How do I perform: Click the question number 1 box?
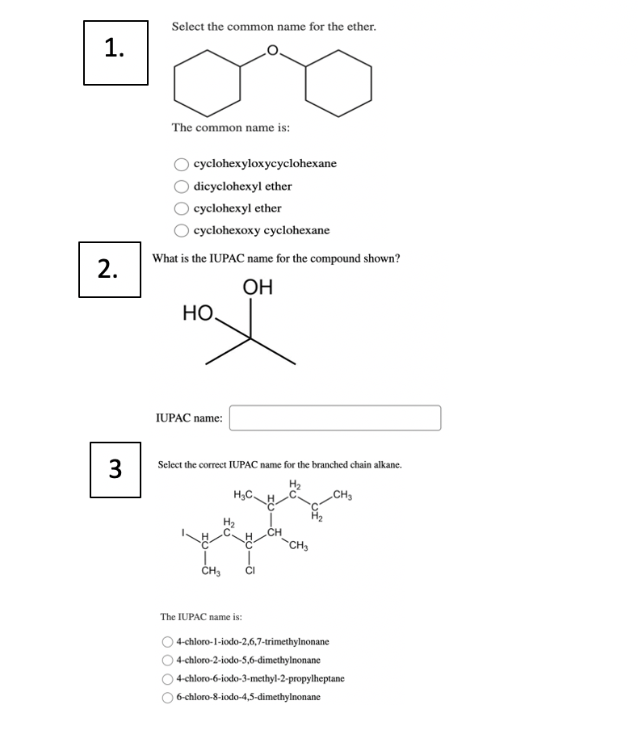tap(115, 52)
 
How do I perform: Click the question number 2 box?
tap(110, 270)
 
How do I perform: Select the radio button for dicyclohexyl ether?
tap(183, 187)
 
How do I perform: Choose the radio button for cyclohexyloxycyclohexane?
tap(183, 164)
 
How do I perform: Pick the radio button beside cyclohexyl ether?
tap(183, 208)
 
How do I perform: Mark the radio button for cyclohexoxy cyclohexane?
tap(183, 231)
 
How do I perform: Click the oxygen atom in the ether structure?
tap(272, 52)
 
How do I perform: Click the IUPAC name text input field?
tap(335, 417)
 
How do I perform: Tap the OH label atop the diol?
tap(258, 287)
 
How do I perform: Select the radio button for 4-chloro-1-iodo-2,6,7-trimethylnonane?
tap(167, 642)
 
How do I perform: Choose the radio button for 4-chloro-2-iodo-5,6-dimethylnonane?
tap(167, 661)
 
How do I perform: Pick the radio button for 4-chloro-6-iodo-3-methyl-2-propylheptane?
tap(167, 678)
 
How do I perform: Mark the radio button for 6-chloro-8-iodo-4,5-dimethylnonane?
tap(167, 696)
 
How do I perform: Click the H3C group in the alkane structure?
tap(244, 494)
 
